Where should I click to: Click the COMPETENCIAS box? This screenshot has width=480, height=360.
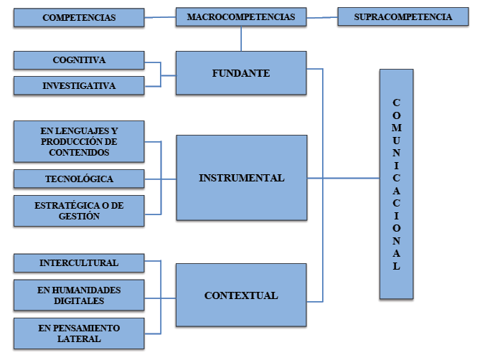pyautogui.click(x=78, y=17)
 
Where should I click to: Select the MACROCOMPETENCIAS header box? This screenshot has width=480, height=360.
pyautogui.click(x=240, y=17)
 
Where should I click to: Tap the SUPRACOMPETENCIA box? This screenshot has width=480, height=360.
pyautogui.click(x=403, y=17)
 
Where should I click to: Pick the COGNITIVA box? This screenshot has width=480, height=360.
pyautogui.click(x=79, y=60)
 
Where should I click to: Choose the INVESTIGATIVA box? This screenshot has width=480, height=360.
pyautogui.click(x=79, y=86)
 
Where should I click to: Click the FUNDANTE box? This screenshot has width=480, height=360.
pyautogui.click(x=240, y=73)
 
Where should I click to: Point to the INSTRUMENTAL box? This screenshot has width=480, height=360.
pyautogui.click(x=240, y=178)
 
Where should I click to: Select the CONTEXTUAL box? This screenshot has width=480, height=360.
pyautogui.click(x=240, y=295)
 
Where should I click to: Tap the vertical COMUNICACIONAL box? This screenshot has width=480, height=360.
pyautogui.click(x=397, y=184)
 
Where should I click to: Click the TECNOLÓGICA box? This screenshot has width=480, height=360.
pyautogui.click(x=79, y=179)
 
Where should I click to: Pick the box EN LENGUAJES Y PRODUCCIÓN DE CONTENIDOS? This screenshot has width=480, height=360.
pyautogui.click(x=79, y=141)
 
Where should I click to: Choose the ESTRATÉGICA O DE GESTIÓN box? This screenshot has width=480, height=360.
pyautogui.click(x=79, y=210)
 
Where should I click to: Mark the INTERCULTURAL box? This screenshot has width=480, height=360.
pyautogui.click(x=79, y=263)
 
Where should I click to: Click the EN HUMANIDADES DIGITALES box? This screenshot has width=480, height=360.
pyautogui.click(x=79, y=295)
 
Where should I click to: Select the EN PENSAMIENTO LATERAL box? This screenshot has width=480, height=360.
pyautogui.click(x=79, y=333)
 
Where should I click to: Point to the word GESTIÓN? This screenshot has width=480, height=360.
pyautogui.click(x=79, y=216)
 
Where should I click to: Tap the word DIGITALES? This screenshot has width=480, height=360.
pyautogui.click(x=79, y=300)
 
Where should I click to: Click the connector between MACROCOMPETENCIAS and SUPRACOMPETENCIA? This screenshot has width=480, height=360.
pyautogui.click(x=321, y=17)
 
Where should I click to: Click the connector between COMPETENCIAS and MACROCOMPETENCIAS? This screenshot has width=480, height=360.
pyautogui.click(x=159, y=17)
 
